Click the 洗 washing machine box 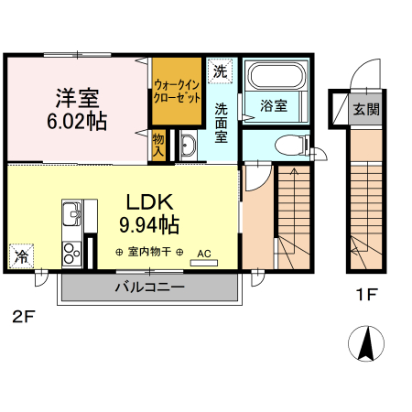click(x=219, y=70)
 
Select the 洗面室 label click(x=222, y=122)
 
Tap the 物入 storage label click(x=158, y=145)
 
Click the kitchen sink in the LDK click(x=71, y=218)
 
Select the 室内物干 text click(x=149, y=252)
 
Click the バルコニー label click(x=150, y=287)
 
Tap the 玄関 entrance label click(x=366, y=108)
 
